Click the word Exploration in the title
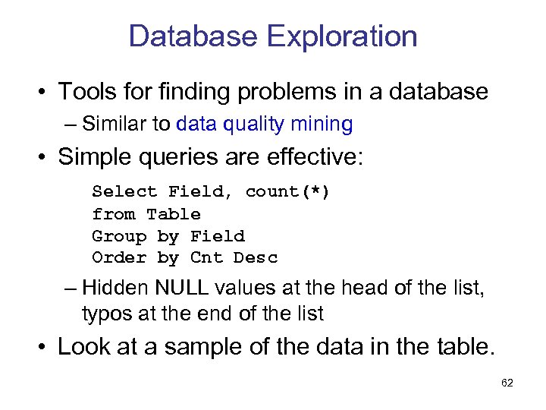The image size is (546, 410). (345, 36)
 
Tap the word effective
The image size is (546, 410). (310, 157)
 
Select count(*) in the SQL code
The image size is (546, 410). (287, 192)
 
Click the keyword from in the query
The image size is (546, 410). (114, 214)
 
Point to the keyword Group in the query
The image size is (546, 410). (119, 236)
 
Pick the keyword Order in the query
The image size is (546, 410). (119, 258)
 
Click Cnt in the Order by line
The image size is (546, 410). (206, 258)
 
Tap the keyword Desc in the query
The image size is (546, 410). (256, 258)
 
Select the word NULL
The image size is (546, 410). (183, 288)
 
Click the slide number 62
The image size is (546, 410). (507, 383)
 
